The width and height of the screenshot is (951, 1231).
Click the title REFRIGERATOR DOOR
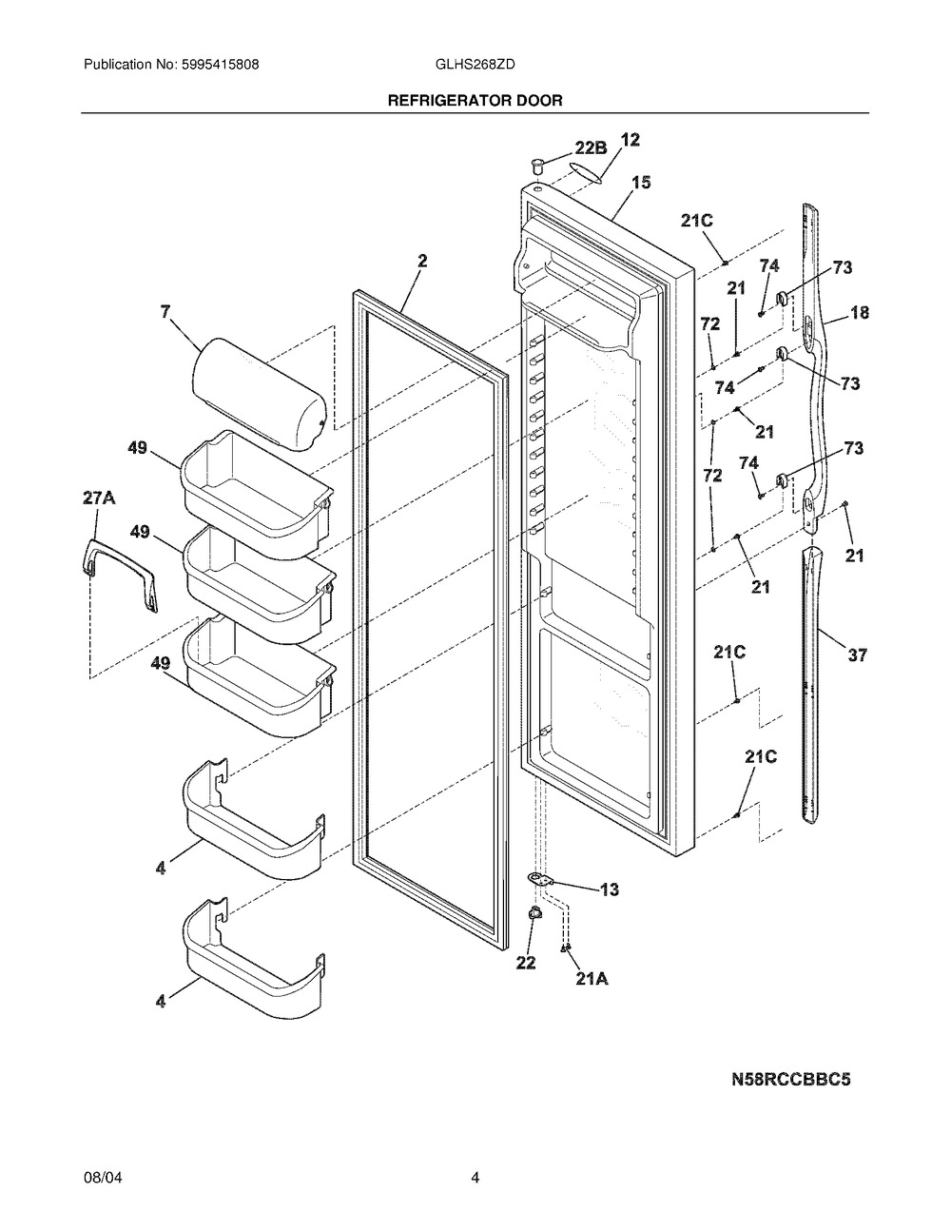(475, 99)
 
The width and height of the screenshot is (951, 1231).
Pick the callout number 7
(165, 311)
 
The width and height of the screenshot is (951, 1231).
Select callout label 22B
(591, 147)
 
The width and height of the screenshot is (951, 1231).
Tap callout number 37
(858, 655)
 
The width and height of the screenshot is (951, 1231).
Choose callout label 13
(610, 889)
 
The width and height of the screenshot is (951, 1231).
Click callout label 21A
(592, 978)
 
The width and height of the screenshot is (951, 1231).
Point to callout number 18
(859, 312)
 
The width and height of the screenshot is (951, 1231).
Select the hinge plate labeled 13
(542, 881)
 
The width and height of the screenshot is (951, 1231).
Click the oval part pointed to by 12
(587, 170)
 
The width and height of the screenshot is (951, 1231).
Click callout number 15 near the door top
(641, 182)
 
